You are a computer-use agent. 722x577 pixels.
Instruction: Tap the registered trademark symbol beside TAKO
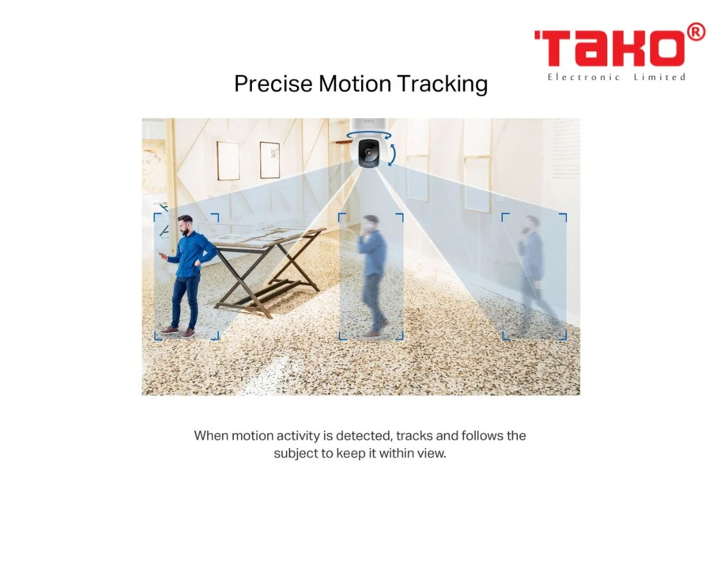click(696, 32)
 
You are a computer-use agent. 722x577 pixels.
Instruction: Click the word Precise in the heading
click(273, 84)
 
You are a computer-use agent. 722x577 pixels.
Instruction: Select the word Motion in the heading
click(355, 84)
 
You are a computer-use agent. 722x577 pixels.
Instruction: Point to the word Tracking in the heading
click(442, 85)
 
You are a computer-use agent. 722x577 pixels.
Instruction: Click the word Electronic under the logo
click(583, 78)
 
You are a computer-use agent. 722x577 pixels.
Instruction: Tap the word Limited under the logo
click(659, 78)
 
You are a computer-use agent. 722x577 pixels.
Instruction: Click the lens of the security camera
click(368, 151)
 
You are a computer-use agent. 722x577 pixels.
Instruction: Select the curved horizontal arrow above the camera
click(369, 135)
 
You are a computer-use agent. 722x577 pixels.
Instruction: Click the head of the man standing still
click(186, 225)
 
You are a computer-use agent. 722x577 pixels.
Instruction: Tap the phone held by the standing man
click(158, 251)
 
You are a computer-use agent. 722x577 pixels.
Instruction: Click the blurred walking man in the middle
click(373, 276)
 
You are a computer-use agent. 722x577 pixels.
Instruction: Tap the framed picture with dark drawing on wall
click(270, 160)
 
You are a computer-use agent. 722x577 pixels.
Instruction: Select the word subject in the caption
click(296, 454)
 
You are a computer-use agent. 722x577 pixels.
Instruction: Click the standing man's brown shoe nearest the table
click(189, 333)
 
